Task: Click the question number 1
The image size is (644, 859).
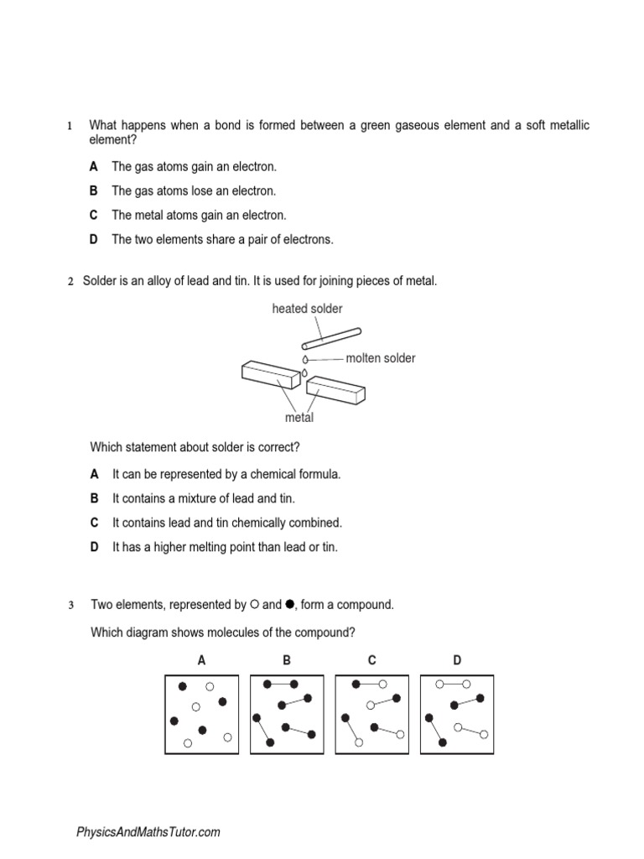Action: click(x=70, y=126)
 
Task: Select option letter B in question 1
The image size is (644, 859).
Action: click(x=95, y=191)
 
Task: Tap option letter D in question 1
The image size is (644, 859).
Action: click(x=95, y=240)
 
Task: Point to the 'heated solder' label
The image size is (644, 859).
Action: click(x=307, y=309)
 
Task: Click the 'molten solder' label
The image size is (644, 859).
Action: click(x=381, y=358)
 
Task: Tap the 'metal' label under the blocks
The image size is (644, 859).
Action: click(x=299, y=417)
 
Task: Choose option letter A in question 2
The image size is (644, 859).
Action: click(x=95, y=474)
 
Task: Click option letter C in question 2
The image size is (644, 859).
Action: click(x=95, y=523)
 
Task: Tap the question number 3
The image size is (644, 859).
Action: click(x=70, y=605)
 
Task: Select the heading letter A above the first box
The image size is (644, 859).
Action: click(x=201, y=660)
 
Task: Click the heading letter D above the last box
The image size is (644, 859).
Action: click(x=457, y=660)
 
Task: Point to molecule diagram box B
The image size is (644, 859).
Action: click(x=287, y=714)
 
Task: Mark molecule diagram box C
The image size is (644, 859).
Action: click(x=371, y=714)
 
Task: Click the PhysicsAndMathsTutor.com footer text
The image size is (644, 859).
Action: click(x=148, y=832)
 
